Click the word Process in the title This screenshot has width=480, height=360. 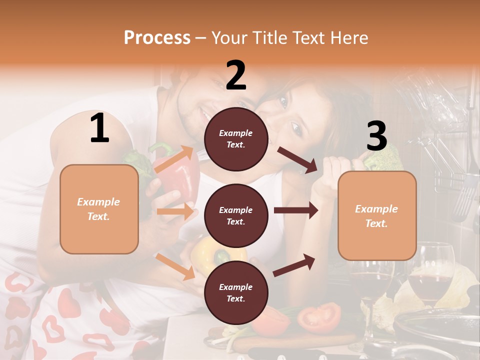point(157,37)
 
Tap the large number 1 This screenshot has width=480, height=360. point(99,128)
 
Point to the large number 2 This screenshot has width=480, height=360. point(236,75)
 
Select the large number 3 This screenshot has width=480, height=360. point(376,136)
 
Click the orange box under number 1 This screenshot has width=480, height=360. point(99,209)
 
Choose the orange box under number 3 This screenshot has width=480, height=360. point(377,215)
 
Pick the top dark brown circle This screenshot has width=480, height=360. point(236,139)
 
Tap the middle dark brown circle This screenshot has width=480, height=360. point(236,215)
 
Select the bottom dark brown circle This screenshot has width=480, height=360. point(236,292)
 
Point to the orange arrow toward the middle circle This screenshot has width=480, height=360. point(175,211)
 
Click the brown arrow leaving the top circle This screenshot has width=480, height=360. point(297,159)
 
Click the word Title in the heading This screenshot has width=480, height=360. point(270,37)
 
